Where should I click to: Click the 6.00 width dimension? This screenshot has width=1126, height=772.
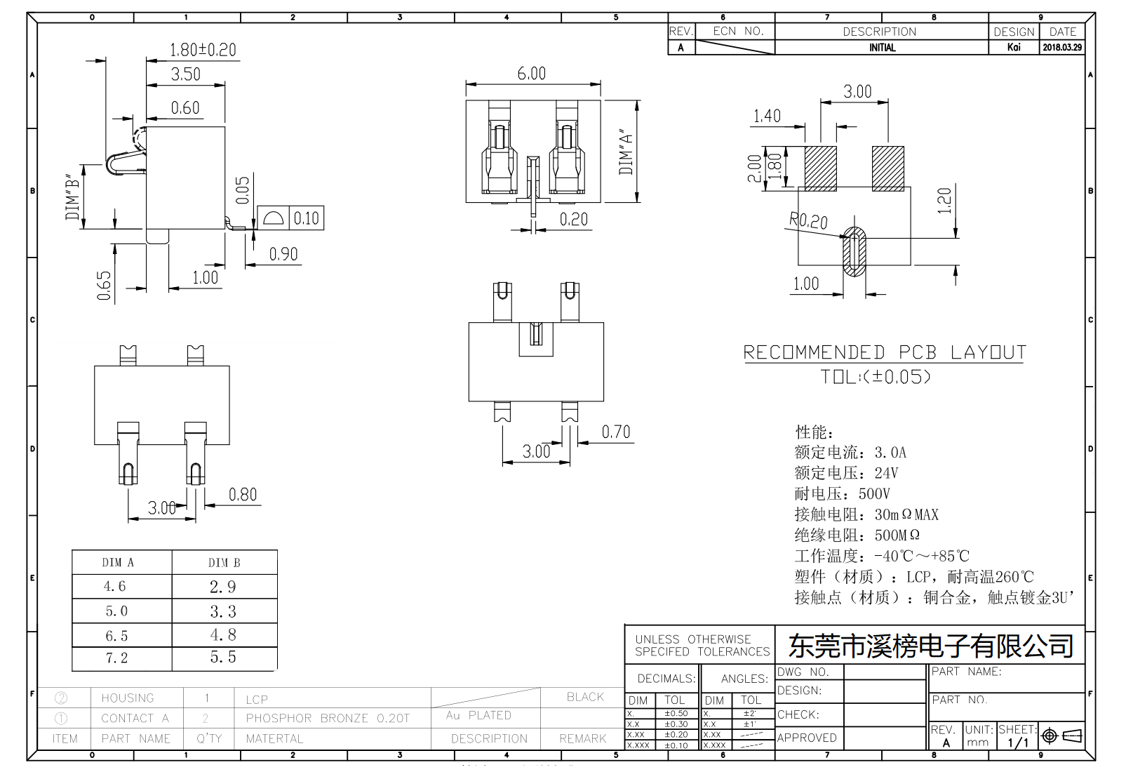(531, 74)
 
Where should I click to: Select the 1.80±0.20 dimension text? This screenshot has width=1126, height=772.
(203, 50)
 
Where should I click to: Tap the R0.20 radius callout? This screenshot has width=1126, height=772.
(808, 221)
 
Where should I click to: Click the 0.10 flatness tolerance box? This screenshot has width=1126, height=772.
(306, 218)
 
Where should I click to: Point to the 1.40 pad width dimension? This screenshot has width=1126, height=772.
(766, 116)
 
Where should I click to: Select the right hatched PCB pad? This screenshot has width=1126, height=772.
(887, 168)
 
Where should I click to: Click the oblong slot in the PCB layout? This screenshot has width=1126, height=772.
(854, 251)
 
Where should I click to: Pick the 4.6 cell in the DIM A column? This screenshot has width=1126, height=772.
(115, 586)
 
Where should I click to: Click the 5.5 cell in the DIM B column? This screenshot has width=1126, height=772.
(223, 657)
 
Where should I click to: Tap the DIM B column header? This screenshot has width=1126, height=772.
(224, 562)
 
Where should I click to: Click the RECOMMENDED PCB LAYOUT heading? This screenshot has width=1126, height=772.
(885, 352)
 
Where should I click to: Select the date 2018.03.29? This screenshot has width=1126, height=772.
(1061, 47)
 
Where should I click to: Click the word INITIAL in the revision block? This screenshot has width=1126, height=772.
(882, 47)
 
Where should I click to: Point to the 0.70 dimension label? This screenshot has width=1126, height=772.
(615, 432)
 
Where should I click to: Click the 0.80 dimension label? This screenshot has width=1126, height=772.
(243, 495)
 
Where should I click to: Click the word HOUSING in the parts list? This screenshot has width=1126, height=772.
(127, 698)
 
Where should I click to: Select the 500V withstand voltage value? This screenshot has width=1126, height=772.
(874, 493)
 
